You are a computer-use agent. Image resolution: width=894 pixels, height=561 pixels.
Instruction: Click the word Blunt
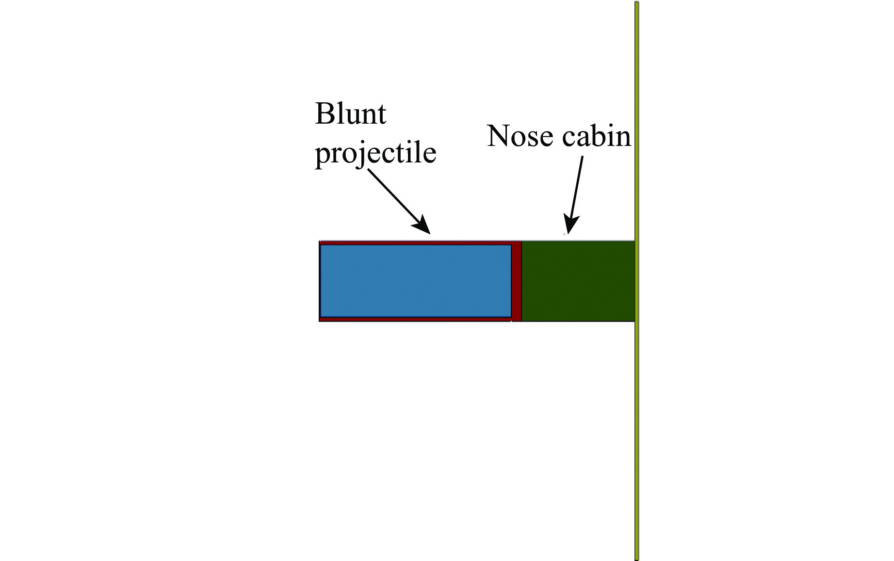click(x=350, y=114)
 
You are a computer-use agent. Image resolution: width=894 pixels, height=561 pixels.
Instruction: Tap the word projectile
click(x=375, y=153)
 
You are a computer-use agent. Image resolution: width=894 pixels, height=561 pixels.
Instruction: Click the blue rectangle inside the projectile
click(x=415, y=281)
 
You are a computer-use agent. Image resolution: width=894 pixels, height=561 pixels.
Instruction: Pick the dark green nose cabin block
click(x=577, y=281)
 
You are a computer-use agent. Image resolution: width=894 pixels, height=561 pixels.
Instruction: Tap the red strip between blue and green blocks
click(x=516, y=281)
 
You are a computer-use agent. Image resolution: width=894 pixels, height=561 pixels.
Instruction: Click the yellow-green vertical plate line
click(x=636, y=388)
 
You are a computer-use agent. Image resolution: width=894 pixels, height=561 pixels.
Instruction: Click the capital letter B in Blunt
click(x=324, y=114)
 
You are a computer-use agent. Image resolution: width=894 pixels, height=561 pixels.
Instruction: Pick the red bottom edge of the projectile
click(x=415, y=319)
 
